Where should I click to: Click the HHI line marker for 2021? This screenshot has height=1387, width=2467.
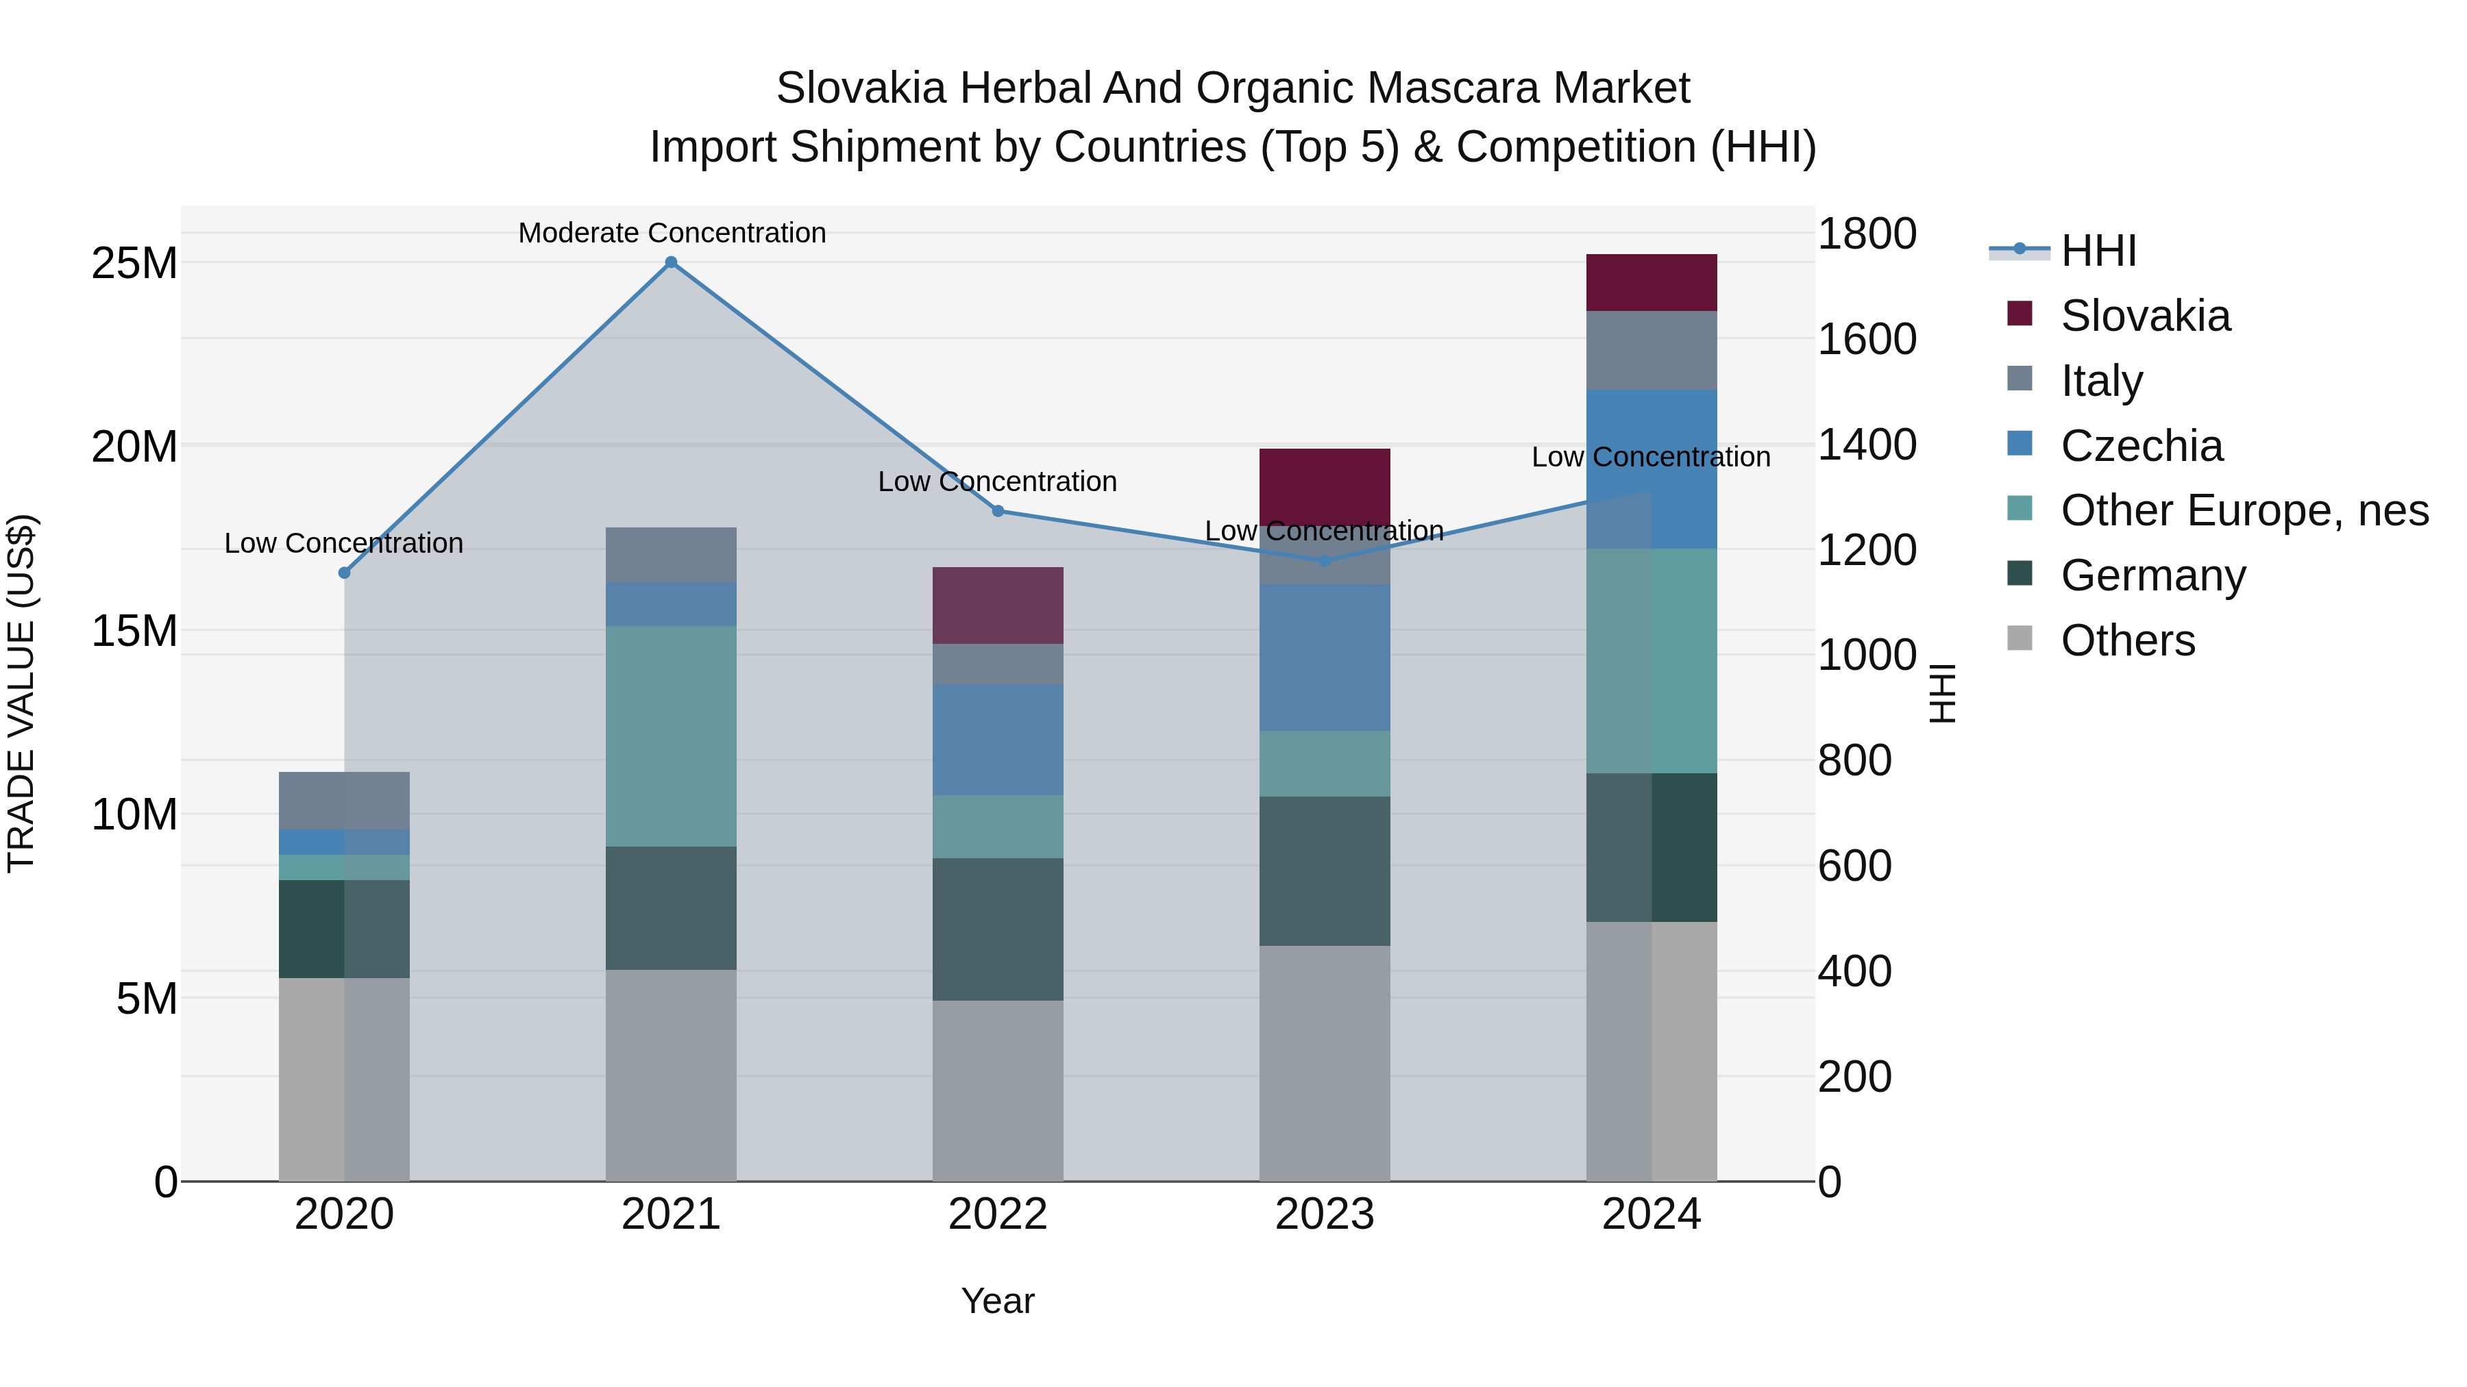[x=672, y=262]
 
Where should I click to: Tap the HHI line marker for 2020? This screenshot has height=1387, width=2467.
[x=345, y=573]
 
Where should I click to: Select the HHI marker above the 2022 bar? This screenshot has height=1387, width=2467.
[x=998, y=511]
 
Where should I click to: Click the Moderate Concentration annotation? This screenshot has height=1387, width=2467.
[x=672, y=233]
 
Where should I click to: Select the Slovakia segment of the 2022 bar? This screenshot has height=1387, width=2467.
[x=998, y=605]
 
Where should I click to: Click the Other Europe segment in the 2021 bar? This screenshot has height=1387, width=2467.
[x=672, y=736]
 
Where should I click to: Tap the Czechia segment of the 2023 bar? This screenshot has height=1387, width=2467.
[x=1325, y=658]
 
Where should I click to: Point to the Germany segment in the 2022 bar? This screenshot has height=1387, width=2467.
[x=998, y=929]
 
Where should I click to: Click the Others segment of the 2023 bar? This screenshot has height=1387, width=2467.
[x=1325, y=1062]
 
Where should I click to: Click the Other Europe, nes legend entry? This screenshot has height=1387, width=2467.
[x=2244, y=510]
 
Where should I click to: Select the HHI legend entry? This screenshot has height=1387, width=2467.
[x=2098, y=251]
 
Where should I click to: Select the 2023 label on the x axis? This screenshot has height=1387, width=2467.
[x=1325, y=1214]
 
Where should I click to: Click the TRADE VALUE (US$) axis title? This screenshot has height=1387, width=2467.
[x=21, y=693]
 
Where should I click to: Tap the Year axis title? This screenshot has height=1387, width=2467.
[x=998, y=1301]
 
